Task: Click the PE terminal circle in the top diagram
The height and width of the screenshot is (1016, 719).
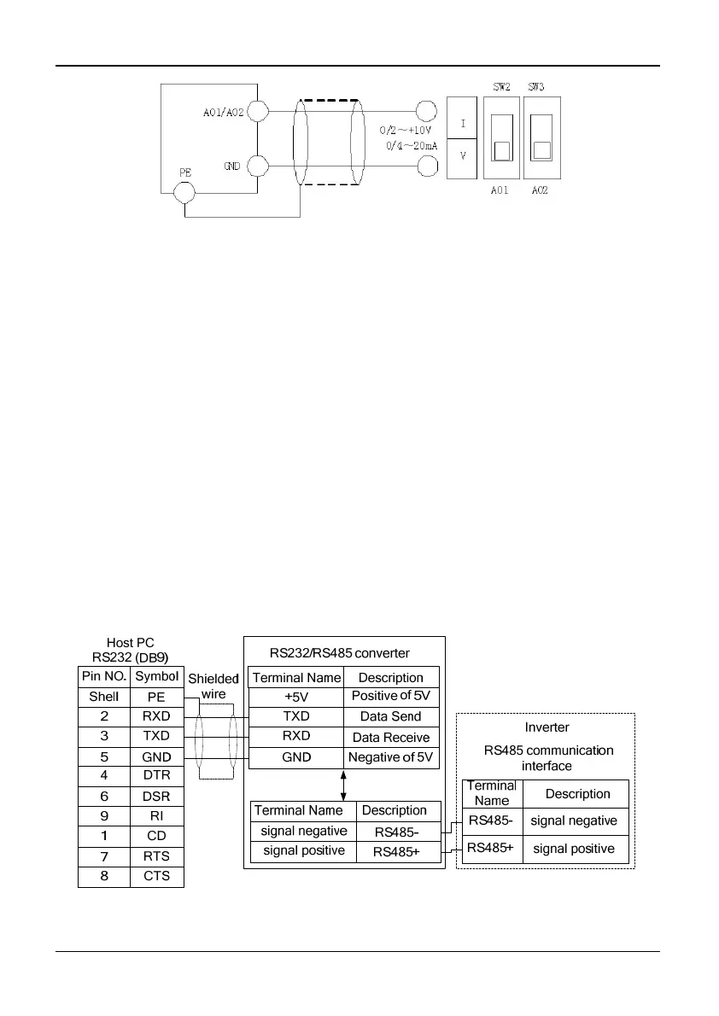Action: click(x=184, y=192)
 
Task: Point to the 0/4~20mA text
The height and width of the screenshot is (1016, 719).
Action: click(x=411, y=146)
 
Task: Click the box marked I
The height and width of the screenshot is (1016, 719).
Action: click(x=463, y=124)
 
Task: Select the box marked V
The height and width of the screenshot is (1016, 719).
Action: click(x=463, y=157)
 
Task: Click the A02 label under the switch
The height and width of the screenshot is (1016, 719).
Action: click(x=539, y=190)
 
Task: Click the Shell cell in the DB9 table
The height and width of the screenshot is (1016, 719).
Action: click(x=104, y=697)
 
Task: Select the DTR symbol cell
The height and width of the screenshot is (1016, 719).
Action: click(x=157, y=776)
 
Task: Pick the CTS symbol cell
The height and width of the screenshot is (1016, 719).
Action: click(x=157, y=877)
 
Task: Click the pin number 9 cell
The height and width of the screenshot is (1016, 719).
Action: click(x=104, y=816)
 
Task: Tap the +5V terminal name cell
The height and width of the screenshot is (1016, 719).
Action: click(x=295, y=697)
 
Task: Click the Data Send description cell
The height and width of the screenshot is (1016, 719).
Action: click(x=391, y=717)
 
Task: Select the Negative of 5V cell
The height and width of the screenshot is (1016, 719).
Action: click(x=391, y=757)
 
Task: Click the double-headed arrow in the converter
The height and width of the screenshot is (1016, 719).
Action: click(x=343, y=785)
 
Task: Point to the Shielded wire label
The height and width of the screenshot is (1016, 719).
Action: click(x=213, y=686)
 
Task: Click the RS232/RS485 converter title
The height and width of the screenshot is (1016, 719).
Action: click(x=340, y=653)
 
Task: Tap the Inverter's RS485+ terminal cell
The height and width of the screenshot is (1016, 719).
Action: click(x=491, y=848)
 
